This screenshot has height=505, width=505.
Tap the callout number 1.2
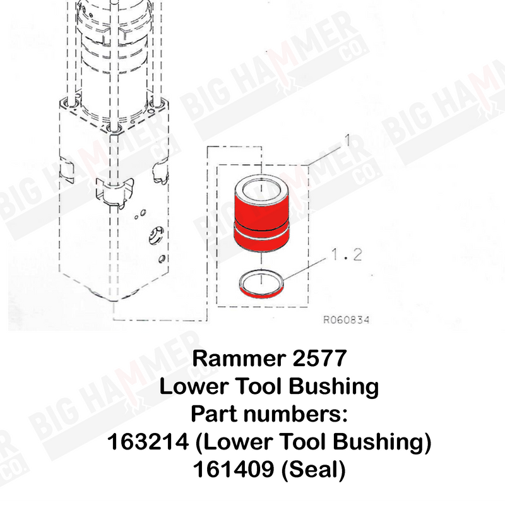[x=346, y=254]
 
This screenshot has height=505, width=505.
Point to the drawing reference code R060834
[x=346, y=320]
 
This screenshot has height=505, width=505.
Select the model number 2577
[x=319, y=358]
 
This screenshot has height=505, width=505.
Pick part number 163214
[x=148, y=441]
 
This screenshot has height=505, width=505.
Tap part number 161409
[x=234, y=469]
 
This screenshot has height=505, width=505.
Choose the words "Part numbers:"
[x=270, y=414]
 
